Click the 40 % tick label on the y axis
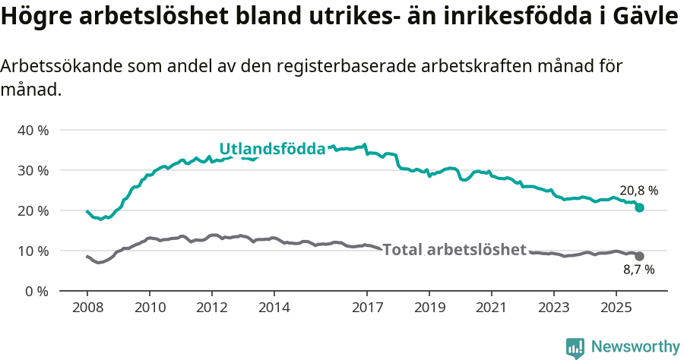point(33,130)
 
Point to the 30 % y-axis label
point(33,170)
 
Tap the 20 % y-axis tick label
point(33,210)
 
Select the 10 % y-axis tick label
point(33,251)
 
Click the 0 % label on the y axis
point(36,291)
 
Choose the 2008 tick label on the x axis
point(87,308)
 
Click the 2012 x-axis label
point(211,308)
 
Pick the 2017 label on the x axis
point(367,308)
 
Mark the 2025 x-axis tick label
point(616,308)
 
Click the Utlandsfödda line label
point(272,149)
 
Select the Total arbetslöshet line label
point(454,250)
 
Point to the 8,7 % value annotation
point(638,269)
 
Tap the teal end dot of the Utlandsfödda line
point(639,207)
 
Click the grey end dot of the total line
point(639,256)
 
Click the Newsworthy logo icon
point(575,347)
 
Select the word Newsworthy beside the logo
point(635,346)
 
